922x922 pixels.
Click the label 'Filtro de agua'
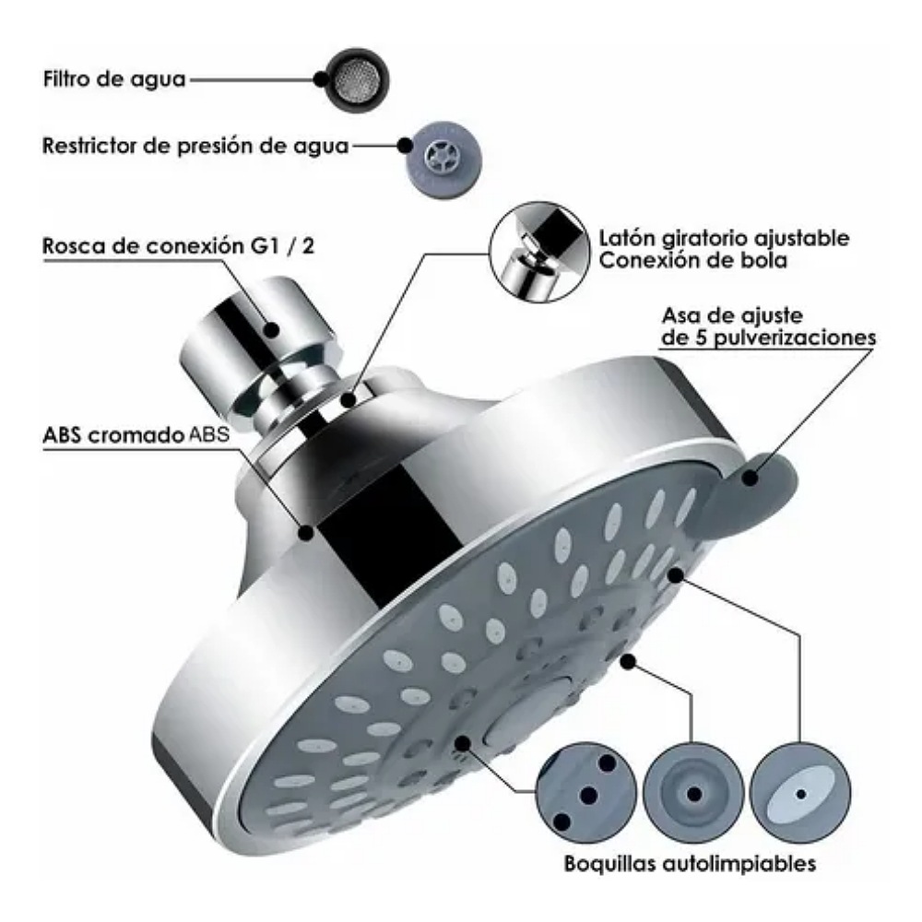point(114,78)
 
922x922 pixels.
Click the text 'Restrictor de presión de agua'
point(195,147)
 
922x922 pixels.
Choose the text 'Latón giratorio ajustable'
point(724,238)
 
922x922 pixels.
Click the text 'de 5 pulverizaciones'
point(765,337)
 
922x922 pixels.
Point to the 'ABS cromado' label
point(110,435)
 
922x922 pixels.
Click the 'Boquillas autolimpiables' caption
point(690,865)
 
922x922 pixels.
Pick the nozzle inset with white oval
point(798,792)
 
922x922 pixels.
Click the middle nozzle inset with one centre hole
point(692,791)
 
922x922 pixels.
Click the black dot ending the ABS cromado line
point(307,532)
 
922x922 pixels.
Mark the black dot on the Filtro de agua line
point(320,79)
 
